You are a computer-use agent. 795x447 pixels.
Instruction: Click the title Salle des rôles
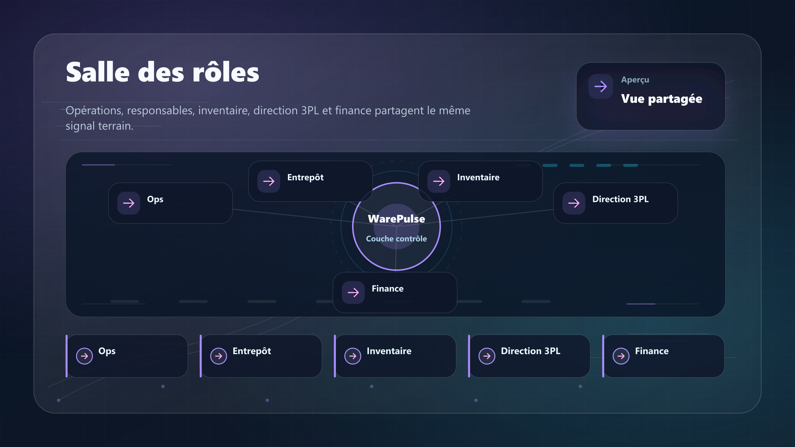pos(162,72)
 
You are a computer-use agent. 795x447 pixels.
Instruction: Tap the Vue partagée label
pos(661,99)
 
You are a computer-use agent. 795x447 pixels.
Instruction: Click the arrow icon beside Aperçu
pos(600,86)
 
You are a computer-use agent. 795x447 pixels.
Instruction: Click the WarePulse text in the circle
pos(396,219)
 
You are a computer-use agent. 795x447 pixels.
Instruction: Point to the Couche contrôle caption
pos(396,238)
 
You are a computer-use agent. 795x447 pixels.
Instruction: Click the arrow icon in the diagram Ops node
pos(129,203)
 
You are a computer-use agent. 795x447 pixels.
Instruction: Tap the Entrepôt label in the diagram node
pos(305,177)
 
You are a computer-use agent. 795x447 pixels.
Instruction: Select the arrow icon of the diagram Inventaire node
pos(438,181)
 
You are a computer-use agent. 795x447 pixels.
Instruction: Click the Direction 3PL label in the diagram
pos(620,199)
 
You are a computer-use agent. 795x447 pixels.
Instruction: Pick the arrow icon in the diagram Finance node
pos(353,293)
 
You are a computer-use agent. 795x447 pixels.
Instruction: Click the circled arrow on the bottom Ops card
pos(84,356)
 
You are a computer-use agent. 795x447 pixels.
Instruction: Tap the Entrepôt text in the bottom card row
pos(251,351)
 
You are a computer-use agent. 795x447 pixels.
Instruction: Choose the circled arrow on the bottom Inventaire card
pos(353,356)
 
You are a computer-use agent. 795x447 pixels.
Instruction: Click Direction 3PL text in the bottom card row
pos(530,351)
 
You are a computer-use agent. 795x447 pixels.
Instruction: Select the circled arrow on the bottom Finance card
pos(621,356)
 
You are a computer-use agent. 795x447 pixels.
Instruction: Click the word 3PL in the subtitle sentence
pos(310,111)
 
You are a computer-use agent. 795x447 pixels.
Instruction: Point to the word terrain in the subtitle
pos(116,126)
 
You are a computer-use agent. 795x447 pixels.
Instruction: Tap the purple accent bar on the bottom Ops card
pos(67,356)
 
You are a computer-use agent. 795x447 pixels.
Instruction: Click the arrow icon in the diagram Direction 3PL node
pos(574,203)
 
